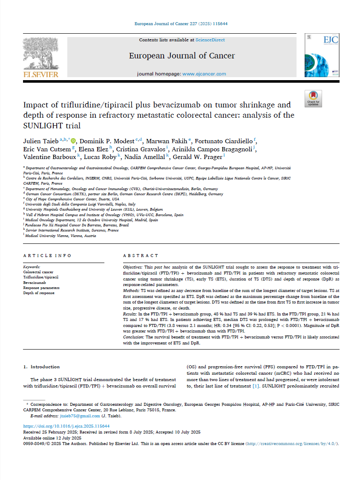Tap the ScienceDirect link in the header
210,40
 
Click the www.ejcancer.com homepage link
204,74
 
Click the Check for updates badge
313,98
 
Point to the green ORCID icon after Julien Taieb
73,141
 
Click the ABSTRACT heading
140,255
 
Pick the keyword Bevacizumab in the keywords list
35,283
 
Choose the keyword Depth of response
39,293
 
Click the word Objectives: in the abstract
133,266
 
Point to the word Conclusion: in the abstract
134,337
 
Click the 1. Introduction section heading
41,367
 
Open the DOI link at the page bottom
66,426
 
